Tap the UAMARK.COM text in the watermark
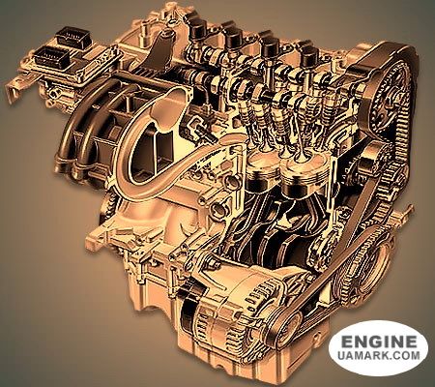coord(379,356)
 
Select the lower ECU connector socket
coord(51,57)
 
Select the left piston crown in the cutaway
coord(263,171)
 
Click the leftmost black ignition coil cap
coord(197,26)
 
